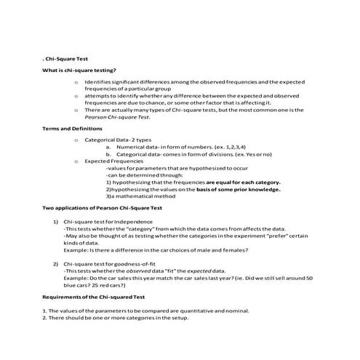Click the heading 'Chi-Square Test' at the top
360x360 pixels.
[68, 57]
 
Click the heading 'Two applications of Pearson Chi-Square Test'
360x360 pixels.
[102, 208]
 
